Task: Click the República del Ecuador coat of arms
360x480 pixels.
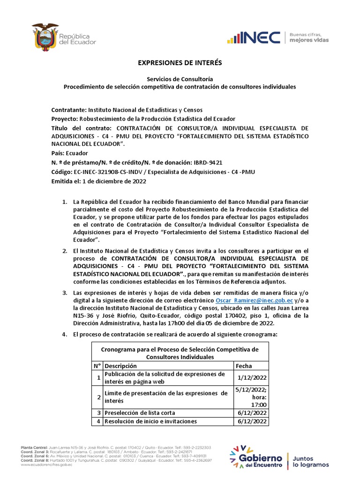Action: click(45, 37)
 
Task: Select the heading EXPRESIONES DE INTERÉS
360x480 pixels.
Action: click(180, 62)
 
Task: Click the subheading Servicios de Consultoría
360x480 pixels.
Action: click(180, 79)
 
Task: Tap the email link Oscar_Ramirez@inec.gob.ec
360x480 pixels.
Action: click(255, 300)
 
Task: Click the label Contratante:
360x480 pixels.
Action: click(69, 109)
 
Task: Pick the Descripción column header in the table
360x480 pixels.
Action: click(121, 366)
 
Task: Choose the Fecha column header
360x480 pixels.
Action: click(244, 366)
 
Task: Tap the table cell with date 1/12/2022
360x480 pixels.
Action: click(252, 378)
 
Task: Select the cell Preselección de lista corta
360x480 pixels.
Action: click(140, 412)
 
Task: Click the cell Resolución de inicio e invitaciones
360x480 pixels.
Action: click(150, 421)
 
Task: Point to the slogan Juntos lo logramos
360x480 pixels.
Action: click(311, 461)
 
